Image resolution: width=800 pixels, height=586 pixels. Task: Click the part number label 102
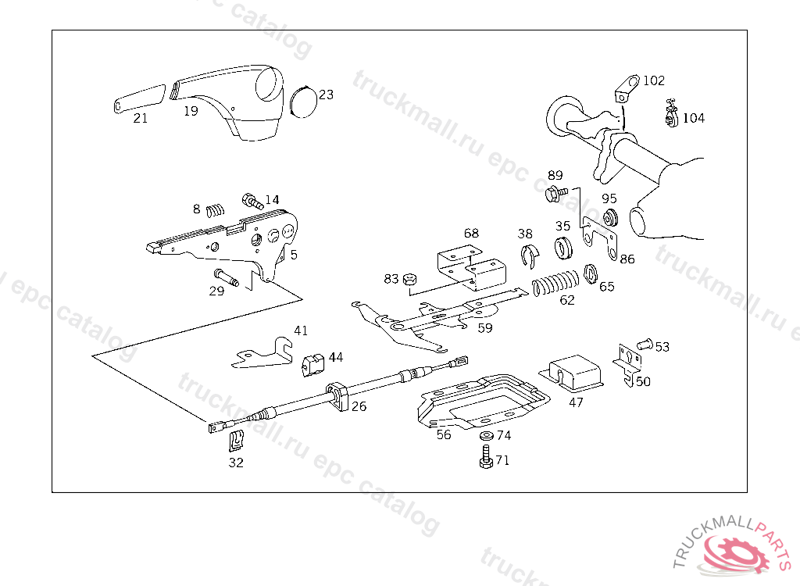tap(654, 80)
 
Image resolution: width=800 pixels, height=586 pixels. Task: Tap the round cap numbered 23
tap(302, 102)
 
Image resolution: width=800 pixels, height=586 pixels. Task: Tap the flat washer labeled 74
tap(486, 436)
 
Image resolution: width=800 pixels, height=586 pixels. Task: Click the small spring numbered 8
tap(216, 209)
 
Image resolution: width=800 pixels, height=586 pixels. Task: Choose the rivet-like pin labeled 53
tap(643, 343)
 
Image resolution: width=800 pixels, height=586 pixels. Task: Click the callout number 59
tap(485, 328)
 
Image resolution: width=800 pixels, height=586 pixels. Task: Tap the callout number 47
tap(576, 402)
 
